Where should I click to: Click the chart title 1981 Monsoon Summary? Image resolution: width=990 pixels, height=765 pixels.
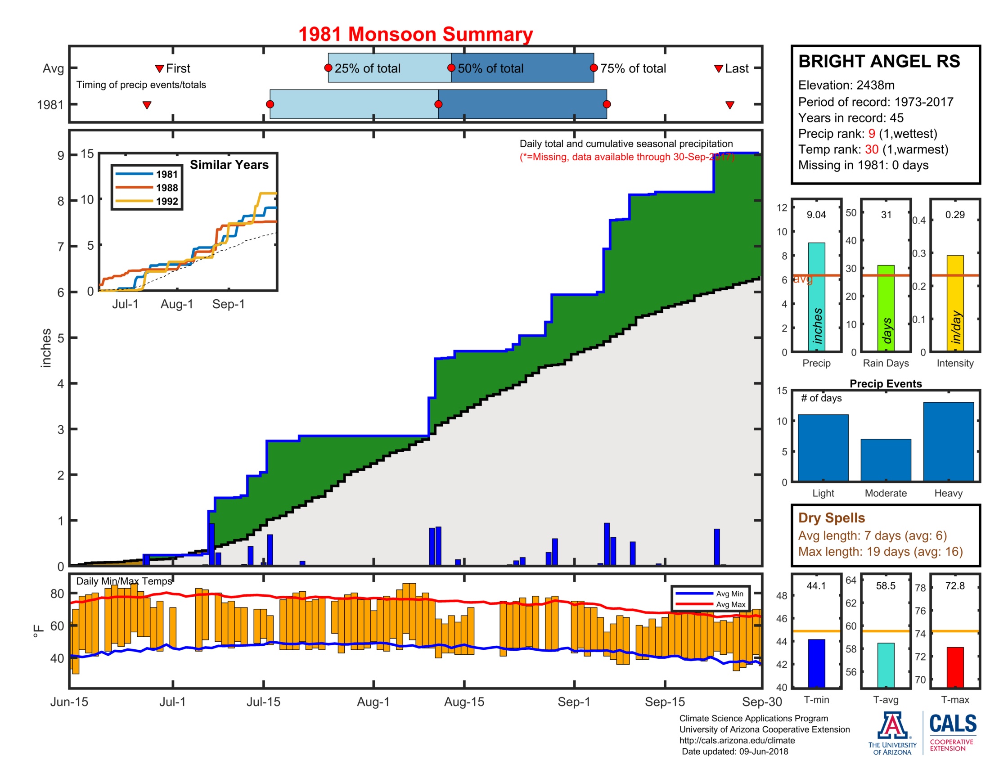415,35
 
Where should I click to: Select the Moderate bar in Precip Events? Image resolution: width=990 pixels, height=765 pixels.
885,459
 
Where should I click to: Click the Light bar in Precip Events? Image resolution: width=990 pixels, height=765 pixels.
823,447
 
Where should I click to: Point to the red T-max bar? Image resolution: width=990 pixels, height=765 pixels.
954,666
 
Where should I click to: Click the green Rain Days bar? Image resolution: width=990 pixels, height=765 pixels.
885,308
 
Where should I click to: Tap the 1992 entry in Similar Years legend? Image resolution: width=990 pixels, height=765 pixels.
167,201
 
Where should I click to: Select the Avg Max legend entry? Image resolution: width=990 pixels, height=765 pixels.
730,604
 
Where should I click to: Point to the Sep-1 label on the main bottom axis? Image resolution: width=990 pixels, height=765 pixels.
573,702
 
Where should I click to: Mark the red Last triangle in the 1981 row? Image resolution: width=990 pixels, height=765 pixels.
729,105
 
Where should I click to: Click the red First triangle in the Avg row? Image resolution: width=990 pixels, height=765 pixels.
159,68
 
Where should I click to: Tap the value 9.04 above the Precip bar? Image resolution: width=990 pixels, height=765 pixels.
816,215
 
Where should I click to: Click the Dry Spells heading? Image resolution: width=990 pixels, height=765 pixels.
831,517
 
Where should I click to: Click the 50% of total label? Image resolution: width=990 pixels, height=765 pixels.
490,68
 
